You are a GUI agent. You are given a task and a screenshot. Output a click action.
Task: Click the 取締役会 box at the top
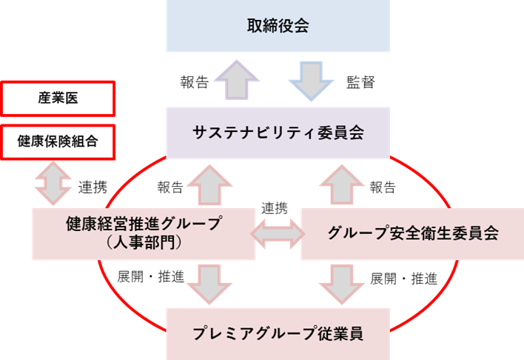278,27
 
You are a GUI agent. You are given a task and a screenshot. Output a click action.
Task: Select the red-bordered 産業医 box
58,99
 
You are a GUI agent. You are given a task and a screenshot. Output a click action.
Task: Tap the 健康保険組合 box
58,141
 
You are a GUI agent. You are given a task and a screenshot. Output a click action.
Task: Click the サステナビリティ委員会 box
278,133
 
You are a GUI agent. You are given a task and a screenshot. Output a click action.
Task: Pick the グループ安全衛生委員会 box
412,233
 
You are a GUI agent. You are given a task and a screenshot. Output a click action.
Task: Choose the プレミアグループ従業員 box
278,333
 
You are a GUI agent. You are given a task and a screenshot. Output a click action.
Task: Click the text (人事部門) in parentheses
144,242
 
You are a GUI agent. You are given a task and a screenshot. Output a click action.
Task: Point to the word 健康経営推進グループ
144,224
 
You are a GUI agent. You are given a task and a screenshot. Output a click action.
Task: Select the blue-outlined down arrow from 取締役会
310,79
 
